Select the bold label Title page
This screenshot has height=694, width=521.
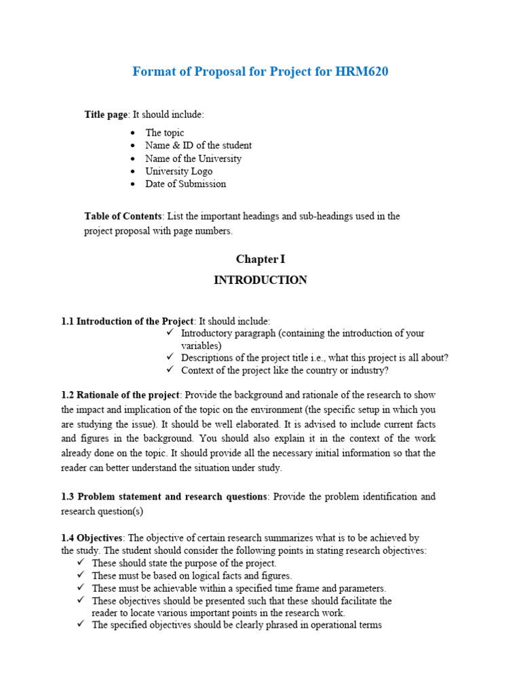pyautogui.click(x=105, y=115)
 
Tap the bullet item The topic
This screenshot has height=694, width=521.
pyautogui.click(x=164, y=133)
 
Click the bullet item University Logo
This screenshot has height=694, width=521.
pyautogui.click(x=178, y=171)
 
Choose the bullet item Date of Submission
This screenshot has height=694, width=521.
pyautogui.click(x=185, y=184)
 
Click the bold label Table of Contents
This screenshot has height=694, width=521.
pyautogui.click(x=123, y=216)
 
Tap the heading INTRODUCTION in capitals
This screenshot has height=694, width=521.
pyautogui.click(x=260, y=280)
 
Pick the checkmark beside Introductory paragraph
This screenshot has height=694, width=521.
pyautogui.click(x=170, y=333)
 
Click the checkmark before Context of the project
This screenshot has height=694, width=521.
pyautogui.click(x=170, y=370)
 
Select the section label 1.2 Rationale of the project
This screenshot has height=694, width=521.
pyautogui.click(x=120, y=394)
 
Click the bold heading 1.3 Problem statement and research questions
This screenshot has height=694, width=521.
pyautogui.click(x=164, y=497)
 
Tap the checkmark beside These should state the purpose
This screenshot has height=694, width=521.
pyautogui.click(x=81, y=563)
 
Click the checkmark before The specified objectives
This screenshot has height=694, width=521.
pyautogui.click(x=81, y=625)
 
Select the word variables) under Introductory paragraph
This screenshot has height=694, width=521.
pyautogui.click(x=201, y=346)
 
